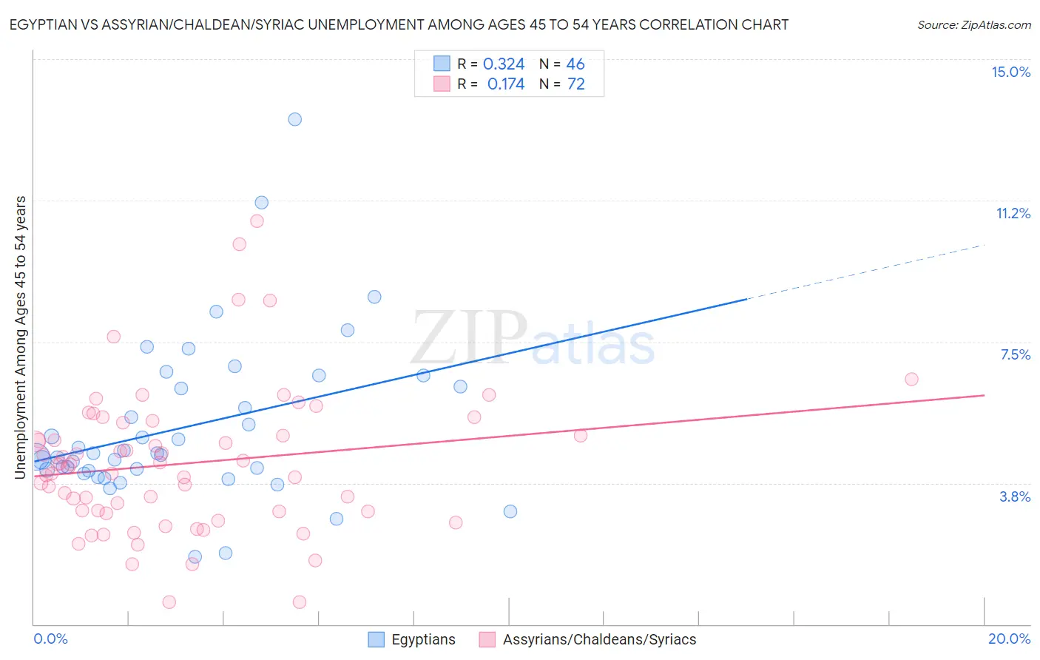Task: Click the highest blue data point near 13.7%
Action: [x=294, y=119]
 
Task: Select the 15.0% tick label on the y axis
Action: [x=1010, y=72]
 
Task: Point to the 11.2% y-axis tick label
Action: [x=1013, y=213]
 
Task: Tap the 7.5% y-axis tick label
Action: [x=1015, y=354]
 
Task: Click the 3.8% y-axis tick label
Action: [x=1015, y=496]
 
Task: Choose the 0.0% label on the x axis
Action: [x=50, y=639]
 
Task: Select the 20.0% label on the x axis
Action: [x=1009, y=639]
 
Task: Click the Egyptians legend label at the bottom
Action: [x=423, y=640]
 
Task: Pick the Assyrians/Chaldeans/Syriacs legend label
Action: [x=599, y=640]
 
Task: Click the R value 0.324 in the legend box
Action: [x=504, y=64]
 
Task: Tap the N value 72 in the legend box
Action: [x=575, y=84]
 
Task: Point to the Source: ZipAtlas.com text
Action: [x=973, y=25]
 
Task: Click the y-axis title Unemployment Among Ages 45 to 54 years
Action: [x=21, y=337]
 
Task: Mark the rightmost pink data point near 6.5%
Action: [x=911, y=379]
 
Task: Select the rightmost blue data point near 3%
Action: [x=510, y=511]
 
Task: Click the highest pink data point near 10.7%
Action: [x=257, y=220]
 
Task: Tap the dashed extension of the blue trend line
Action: [x=865, y=272]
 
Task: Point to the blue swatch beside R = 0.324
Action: [x=442, y=64]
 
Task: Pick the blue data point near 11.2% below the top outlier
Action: [x=261, y=203]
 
